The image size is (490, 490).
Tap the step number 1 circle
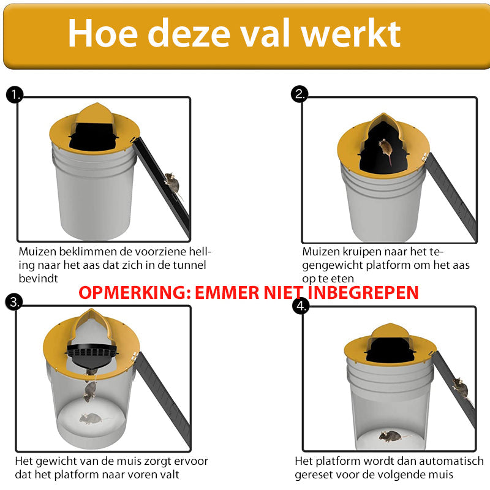[14, 94]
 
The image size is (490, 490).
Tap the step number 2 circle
[300, 94]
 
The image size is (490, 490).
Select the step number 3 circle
[14, 301]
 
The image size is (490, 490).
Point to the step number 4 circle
[300, 306]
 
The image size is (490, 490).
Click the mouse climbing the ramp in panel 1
[171, 182]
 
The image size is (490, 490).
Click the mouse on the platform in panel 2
[385, 149]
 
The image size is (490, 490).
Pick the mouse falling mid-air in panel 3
[90, 391]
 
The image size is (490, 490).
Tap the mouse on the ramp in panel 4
[459, 387]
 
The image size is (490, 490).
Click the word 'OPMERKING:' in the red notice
[134, 292]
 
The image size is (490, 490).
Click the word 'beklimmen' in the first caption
[89, 252]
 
